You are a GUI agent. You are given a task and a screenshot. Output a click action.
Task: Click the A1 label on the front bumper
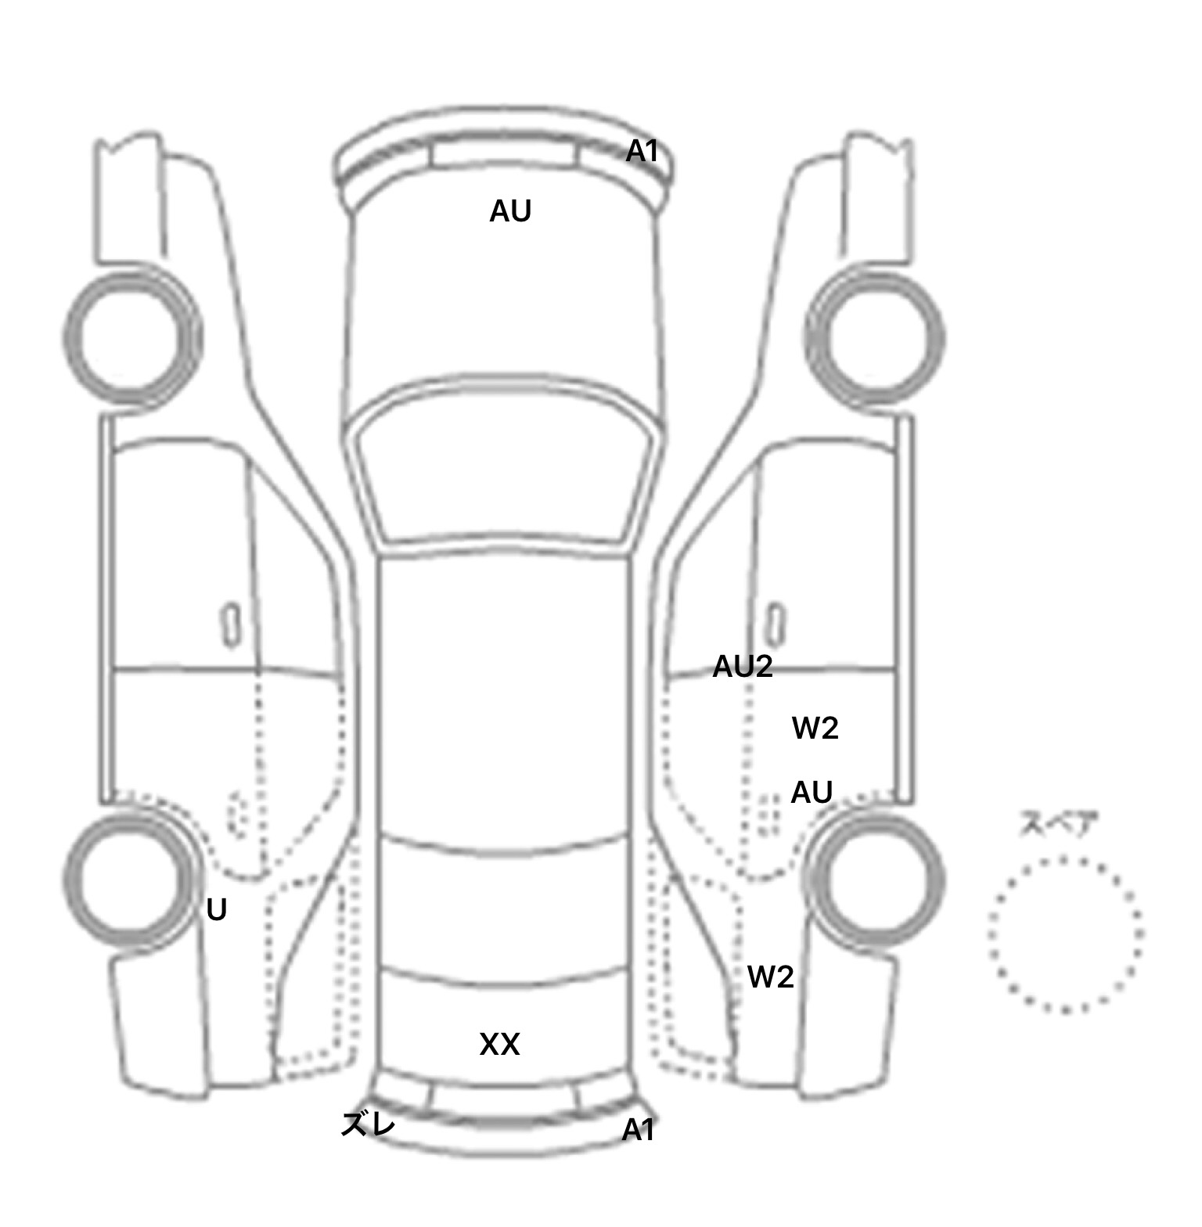click(x=642, y=151)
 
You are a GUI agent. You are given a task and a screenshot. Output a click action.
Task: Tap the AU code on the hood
click(x=510, y=211)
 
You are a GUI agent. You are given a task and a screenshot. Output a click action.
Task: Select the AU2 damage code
click(x=742, y=667)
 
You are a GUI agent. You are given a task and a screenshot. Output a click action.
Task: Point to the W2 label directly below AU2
click(x=815, y=729)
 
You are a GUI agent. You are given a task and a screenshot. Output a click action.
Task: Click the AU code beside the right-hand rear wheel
click(x=811, y=793)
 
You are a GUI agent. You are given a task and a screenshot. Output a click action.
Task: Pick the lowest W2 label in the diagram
click(x=770, y=977)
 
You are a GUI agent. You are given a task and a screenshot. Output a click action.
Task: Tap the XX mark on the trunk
click(x=499, y=1045)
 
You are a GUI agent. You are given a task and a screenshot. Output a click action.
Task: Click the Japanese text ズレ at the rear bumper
click(x=368, y=1125)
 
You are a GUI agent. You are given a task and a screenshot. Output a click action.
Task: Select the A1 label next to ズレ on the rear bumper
click(x=638, y=1130)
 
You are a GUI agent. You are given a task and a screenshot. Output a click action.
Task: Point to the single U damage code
click(x=216, y=910)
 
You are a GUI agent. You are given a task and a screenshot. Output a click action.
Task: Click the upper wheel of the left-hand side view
click(x=131, y=336)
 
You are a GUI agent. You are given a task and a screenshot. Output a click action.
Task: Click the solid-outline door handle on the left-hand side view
click(x=231, y=624)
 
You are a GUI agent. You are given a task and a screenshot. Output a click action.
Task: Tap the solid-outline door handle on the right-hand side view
click(x=775, y=624)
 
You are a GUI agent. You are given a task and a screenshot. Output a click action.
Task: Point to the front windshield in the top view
click(x=505, y=470)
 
